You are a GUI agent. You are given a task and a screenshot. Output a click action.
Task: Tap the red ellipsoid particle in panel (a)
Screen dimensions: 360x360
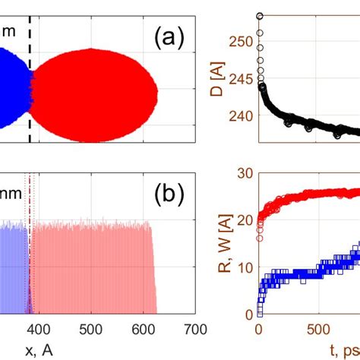coord(93,95)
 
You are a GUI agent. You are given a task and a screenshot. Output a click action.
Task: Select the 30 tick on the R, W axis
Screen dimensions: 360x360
coord(245,173)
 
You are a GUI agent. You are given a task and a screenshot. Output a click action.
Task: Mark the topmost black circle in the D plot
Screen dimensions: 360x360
coord(260,15)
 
